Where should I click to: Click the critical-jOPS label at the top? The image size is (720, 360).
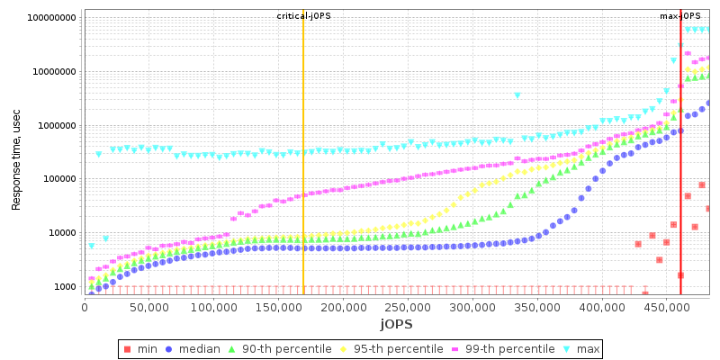click(x=303, y=16)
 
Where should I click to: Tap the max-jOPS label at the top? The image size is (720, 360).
click(x=679, y=16)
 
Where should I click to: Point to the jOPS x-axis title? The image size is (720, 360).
click(x=396, y=323)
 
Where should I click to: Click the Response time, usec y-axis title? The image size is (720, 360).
click(x=16, y=155)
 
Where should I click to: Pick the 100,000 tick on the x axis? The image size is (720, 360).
click(x=213, y=308)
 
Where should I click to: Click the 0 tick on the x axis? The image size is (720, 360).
click(x=85, y=308)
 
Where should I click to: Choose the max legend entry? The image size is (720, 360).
click(x=581, y=348)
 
